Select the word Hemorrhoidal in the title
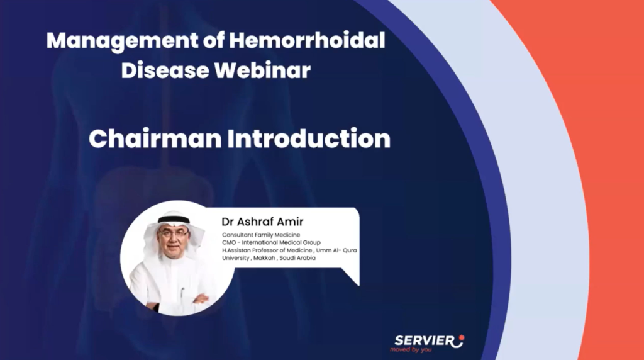307,42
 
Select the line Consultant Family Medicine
260,235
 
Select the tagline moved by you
411,349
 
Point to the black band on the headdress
174,220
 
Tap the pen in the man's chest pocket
183,292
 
